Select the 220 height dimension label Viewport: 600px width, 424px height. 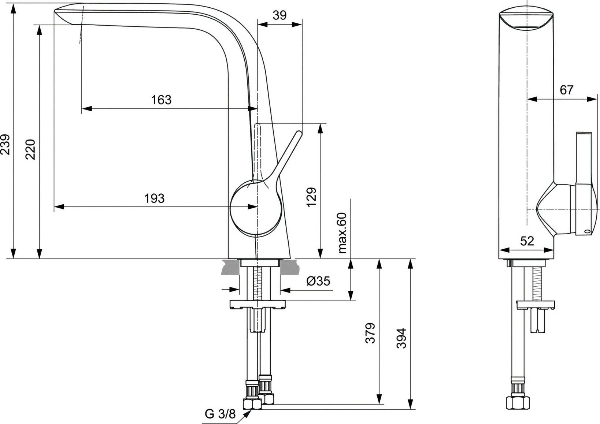pyautogui.click(x=32, y=149)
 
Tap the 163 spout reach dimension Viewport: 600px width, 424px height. pyautogui.click(x=161, y=100)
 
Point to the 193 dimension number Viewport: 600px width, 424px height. pyautogui.click(x=155, y=198)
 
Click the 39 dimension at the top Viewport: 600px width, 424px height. pyautogui.click(x=280, y=15)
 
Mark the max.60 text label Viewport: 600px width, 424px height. pyautogui.click(x=342, y=233)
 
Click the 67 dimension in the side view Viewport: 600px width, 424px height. pyautogui.click(x=566, y=90)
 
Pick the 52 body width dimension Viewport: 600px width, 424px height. pyautogui.click(x=527, y=241)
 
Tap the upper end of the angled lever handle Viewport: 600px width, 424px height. pyautogui.click(x=298, y=134)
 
